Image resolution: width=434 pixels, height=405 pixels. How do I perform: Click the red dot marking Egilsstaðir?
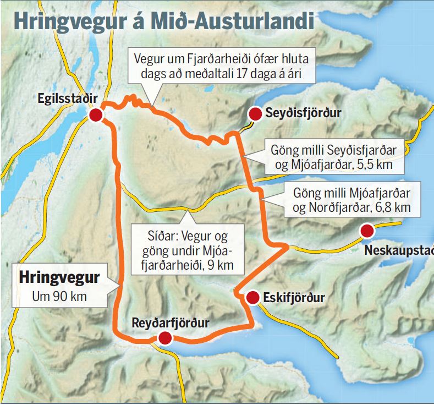pyautogui.click(x=96, y=114)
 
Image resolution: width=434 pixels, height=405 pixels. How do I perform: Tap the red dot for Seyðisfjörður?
pyautogui.click(x=255, y=113)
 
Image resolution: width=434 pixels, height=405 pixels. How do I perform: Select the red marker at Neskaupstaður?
pyautogui.click(x=367, y=230)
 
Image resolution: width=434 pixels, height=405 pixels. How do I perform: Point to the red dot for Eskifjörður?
pyautogui.click(x=252, y=298)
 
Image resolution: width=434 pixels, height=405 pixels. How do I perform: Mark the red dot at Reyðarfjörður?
pyautogui.click(x=164, y=338)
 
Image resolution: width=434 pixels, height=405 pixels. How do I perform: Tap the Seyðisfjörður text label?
pyautogui.click(x=303, y=113)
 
